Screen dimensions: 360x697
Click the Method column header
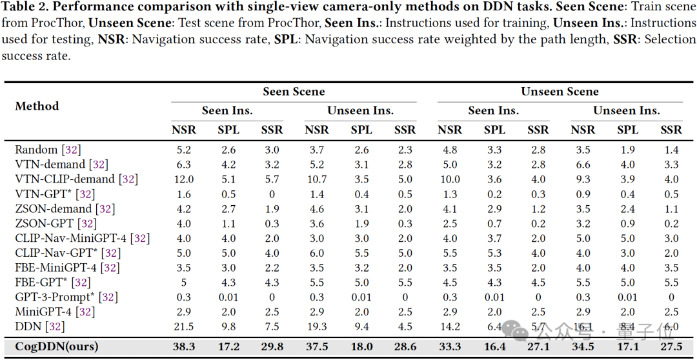pos(37,106)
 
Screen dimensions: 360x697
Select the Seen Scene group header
pos(294,92)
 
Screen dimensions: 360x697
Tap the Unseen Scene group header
pos(560,92)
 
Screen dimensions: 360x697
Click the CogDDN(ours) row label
pos(57,346)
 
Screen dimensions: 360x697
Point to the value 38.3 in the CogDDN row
pos(184,346)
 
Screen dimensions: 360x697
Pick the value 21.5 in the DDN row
pos(184,326)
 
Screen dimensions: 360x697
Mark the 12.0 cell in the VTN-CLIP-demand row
pos(184,179)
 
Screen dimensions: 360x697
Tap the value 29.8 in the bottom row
pos(272,346)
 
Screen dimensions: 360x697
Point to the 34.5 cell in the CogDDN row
pos(583,346)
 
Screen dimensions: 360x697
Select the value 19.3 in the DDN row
pos(317,326)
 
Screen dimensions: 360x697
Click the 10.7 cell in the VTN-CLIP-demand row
pos(317,179)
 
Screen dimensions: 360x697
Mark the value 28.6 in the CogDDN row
pos(405,346)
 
